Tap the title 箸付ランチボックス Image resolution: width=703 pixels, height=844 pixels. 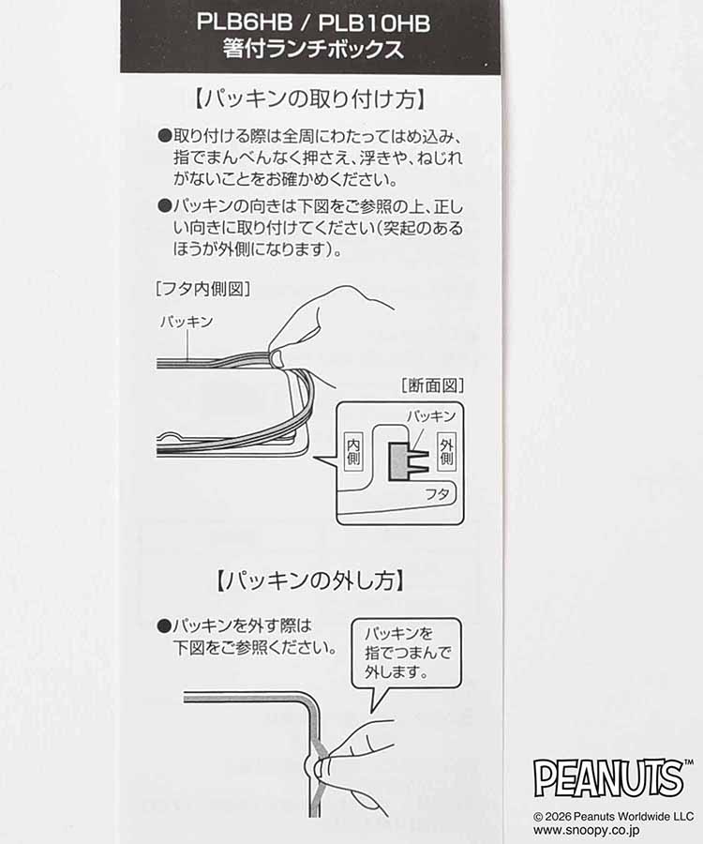(x=313, y=51)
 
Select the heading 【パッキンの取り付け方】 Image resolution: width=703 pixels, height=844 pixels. (x=313, y=98)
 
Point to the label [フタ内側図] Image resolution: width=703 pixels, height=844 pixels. (x=202, y=288)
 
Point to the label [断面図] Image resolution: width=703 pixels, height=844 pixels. (x=432, y=384)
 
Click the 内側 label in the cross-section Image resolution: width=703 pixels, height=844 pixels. (x=353, y=453)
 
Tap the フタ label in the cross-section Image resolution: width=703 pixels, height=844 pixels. (x=437, y=492)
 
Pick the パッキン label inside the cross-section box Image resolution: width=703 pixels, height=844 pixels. (x=430, y=415)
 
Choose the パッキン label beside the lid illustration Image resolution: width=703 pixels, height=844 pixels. (x=187, y=322)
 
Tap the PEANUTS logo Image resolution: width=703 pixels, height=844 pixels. (x=608, y=777)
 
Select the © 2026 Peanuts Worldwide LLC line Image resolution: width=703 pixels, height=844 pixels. (x=614, y=816)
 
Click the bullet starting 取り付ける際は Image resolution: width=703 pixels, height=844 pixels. (x=164, y=135)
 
